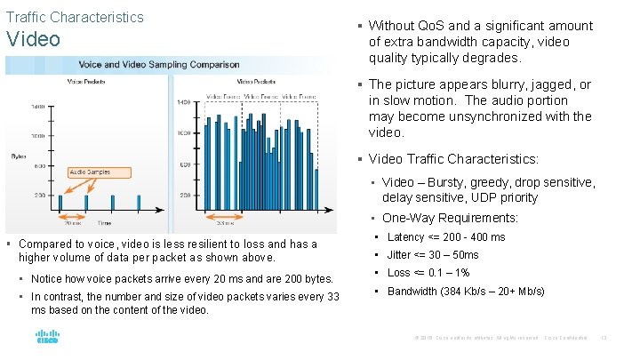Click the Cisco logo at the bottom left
(x=46, y=338)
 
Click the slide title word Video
(x=33, y=39)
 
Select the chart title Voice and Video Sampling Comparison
(x=159, y=65)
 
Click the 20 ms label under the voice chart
(x=73, y=222)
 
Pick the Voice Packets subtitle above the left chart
(x=87, y=81)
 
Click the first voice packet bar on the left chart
(x=60, y=203)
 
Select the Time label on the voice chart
(x=105, y=223)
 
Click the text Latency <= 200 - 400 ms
(x=446, y=237)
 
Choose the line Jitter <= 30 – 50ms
(x=433, y=255)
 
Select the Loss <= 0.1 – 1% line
(x=428, y=273)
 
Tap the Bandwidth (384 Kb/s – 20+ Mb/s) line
(x=466, y=292)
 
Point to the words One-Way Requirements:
(x=450, y=218)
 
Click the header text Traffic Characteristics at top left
(x=75, y=17)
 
